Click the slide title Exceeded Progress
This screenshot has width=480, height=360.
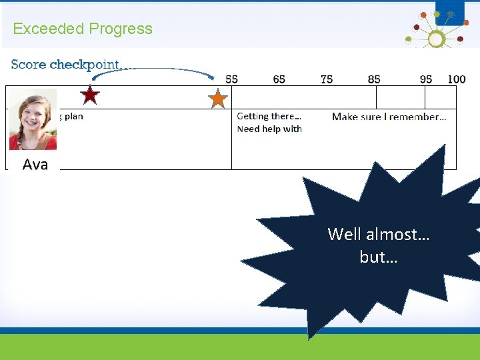tap(83, 29)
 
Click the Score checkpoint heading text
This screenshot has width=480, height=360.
tap(65, 65)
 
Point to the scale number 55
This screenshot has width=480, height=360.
tap(231, 79)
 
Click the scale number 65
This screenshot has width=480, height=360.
tap(279, 79)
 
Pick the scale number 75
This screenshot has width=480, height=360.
tap(326, 79)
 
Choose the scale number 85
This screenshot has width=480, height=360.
tap(374, 79)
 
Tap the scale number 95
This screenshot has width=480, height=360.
tap(426, 79)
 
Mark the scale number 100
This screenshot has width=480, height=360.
tap(456, 79)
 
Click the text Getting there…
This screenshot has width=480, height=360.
tap(269, 116)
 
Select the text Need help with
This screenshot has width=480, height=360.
tap(269, 129)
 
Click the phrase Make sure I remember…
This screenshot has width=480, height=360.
tap(389, 117)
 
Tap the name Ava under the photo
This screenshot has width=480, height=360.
tap(35, 165)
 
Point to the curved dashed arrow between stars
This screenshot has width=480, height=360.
tap(153, 70)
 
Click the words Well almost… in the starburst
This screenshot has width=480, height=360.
tap(378, 234)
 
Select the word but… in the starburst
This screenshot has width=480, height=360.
tap(378, 257)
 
